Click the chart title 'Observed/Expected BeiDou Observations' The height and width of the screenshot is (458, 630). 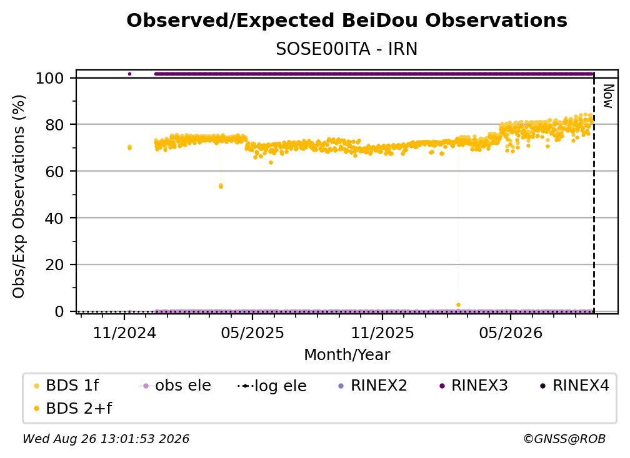pos(347,21)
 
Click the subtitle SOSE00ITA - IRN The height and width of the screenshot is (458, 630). pos(347,49)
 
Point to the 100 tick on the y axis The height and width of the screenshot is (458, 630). pos(50,78)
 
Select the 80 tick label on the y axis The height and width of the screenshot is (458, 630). pos(54,125)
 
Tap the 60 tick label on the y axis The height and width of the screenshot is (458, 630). pos(54,172)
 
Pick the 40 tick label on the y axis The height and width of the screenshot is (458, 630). pos(54,218)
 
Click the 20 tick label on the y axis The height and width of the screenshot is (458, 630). pos(54,265)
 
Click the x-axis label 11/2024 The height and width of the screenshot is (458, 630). pos(124,333)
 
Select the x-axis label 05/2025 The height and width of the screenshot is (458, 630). pos(252,333)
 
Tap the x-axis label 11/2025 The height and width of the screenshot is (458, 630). pos(382,333)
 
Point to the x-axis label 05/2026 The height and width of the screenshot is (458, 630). pos(511,333)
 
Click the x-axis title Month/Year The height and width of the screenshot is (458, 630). pos(347,355)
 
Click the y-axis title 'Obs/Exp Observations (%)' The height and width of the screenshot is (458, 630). pos(19,197)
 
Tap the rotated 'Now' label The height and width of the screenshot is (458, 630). pos(608,96)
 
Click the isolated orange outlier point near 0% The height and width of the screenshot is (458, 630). pos(459,305)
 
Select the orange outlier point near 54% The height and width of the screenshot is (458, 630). pos(221,186)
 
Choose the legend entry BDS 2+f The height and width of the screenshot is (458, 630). pos(73,408)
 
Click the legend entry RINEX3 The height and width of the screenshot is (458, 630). pos(474,386)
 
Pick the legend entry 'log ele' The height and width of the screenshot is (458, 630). pos(272,386)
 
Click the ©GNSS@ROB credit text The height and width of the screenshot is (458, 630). pos(564,439)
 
